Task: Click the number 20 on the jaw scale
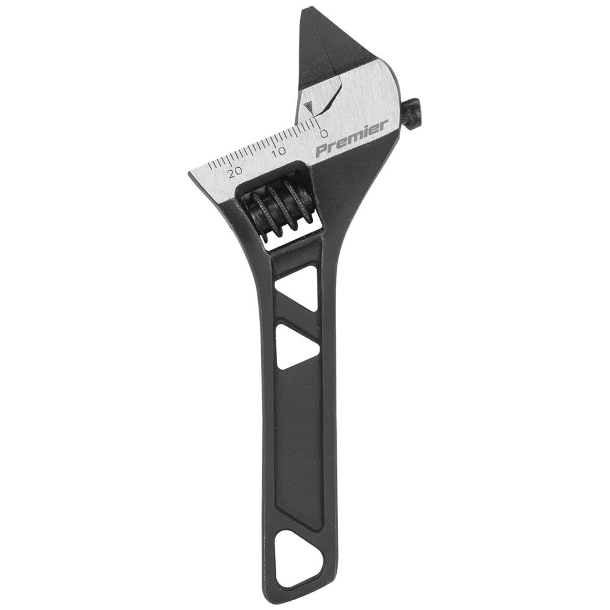point(234,171)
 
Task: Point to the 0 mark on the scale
point(324,133)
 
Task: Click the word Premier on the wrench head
point(351,138)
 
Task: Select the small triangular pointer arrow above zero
point(310,108)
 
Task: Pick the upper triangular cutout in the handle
point(297,287)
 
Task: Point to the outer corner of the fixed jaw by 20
point(190,174)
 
